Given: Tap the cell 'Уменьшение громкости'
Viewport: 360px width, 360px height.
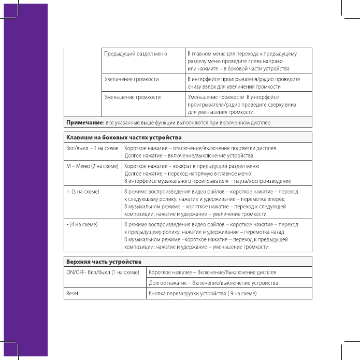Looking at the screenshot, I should (x=132, y=97).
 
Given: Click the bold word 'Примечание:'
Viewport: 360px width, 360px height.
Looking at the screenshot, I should (x=84, y=122).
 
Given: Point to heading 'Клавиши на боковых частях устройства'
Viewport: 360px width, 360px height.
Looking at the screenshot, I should (x=123, y=137).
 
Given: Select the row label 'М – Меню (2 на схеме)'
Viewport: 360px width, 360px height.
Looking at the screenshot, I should (x=91, y=166).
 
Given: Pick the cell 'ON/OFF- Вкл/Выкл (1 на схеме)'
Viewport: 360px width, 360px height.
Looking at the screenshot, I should (x=103, y=272).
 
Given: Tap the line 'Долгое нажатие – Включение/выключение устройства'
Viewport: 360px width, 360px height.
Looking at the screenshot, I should (x=213, y=283).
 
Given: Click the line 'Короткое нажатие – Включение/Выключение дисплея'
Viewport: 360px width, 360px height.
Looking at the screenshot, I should (x=212, y=272).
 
